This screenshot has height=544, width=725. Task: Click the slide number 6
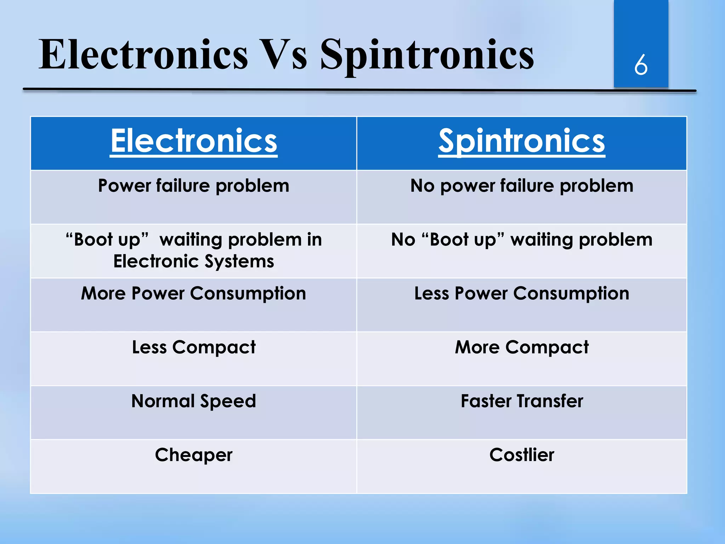641,65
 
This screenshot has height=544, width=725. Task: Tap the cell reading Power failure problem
194,186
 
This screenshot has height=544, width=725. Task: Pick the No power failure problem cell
521,186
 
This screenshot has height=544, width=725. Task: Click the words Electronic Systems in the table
194,261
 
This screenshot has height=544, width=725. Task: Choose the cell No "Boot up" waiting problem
521,240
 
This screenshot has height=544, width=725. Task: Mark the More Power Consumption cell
194,294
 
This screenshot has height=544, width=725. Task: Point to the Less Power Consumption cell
521,294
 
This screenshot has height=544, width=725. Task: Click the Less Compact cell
194,347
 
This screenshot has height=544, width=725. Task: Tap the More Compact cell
521,347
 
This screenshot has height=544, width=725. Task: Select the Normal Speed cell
194,401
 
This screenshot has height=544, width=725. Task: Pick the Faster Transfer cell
521,401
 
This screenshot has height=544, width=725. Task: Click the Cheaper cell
194,455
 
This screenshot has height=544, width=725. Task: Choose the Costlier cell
521,455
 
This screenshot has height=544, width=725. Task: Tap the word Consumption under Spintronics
571,294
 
